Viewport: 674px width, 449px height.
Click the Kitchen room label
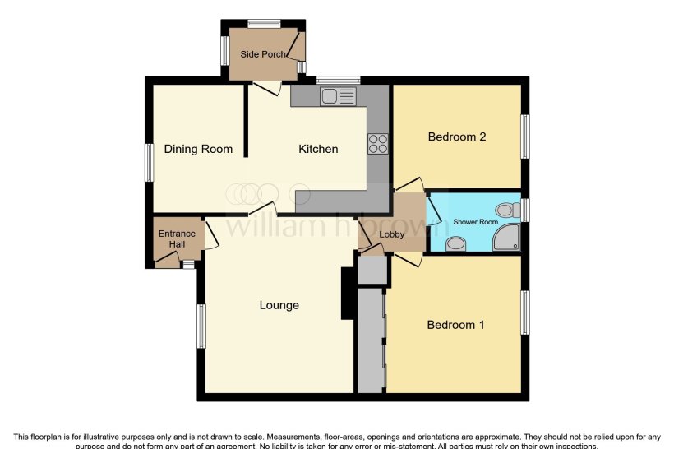(317, 149)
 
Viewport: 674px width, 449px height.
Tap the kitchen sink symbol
(339, 96)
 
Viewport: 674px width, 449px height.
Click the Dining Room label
(198, 149)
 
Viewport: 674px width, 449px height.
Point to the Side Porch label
(263, 54)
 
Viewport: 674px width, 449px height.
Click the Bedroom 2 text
(457, 137)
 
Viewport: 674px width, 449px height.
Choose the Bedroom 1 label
(455, 325)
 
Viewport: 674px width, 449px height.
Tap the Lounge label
(279, 305)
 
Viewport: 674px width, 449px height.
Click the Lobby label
(391, 234)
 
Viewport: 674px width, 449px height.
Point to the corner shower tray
(506, 238)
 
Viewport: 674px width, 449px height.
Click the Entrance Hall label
(177, 238)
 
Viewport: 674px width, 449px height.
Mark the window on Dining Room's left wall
(150, 162)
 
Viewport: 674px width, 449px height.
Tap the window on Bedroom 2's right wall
(524, 136)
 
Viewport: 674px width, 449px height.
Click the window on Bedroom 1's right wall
(524, 312)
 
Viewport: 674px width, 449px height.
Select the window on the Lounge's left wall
(201, 326)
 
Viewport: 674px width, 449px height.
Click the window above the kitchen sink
(338, 80)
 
